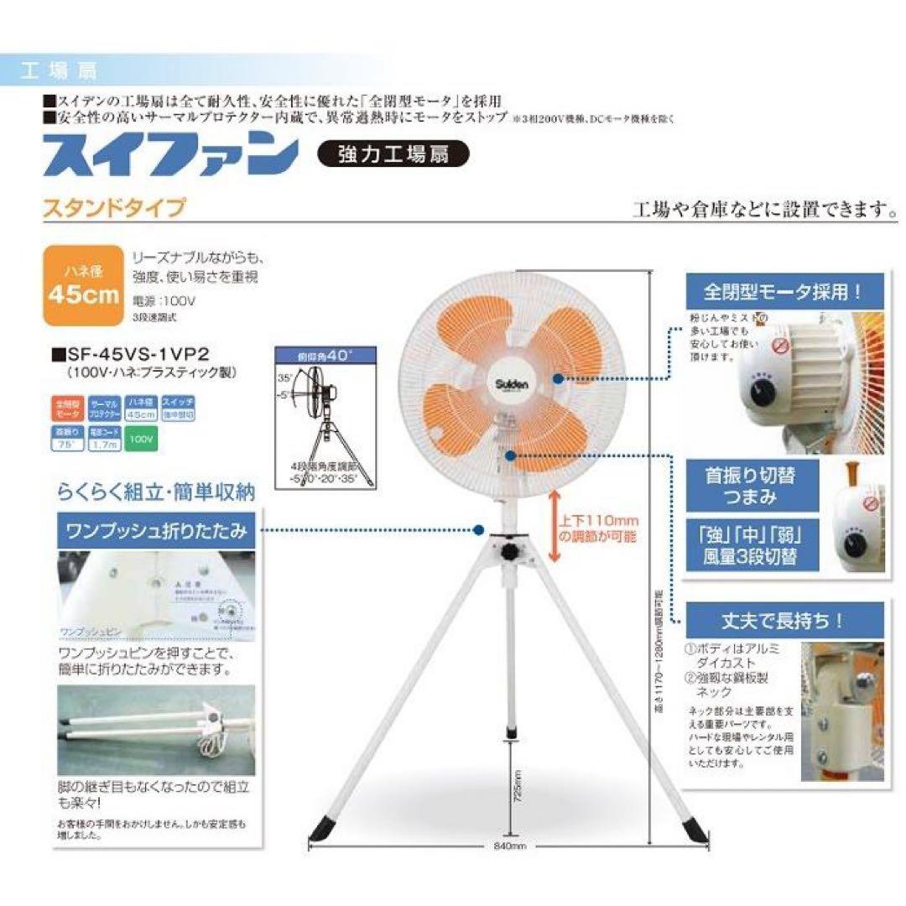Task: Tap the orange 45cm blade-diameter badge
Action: (x=83, y=284)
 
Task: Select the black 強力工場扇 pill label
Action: (x=393, y=154)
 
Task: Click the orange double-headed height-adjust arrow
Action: (x=553, y=527)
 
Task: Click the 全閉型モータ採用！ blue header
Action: (x=784, y=293)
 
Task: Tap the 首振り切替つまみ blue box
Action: (x=752, y=486)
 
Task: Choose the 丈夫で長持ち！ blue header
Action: (x=784, y=622)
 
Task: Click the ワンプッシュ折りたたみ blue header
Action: (x=156, y=530)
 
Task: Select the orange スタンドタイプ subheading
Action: (x=113, y=207)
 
